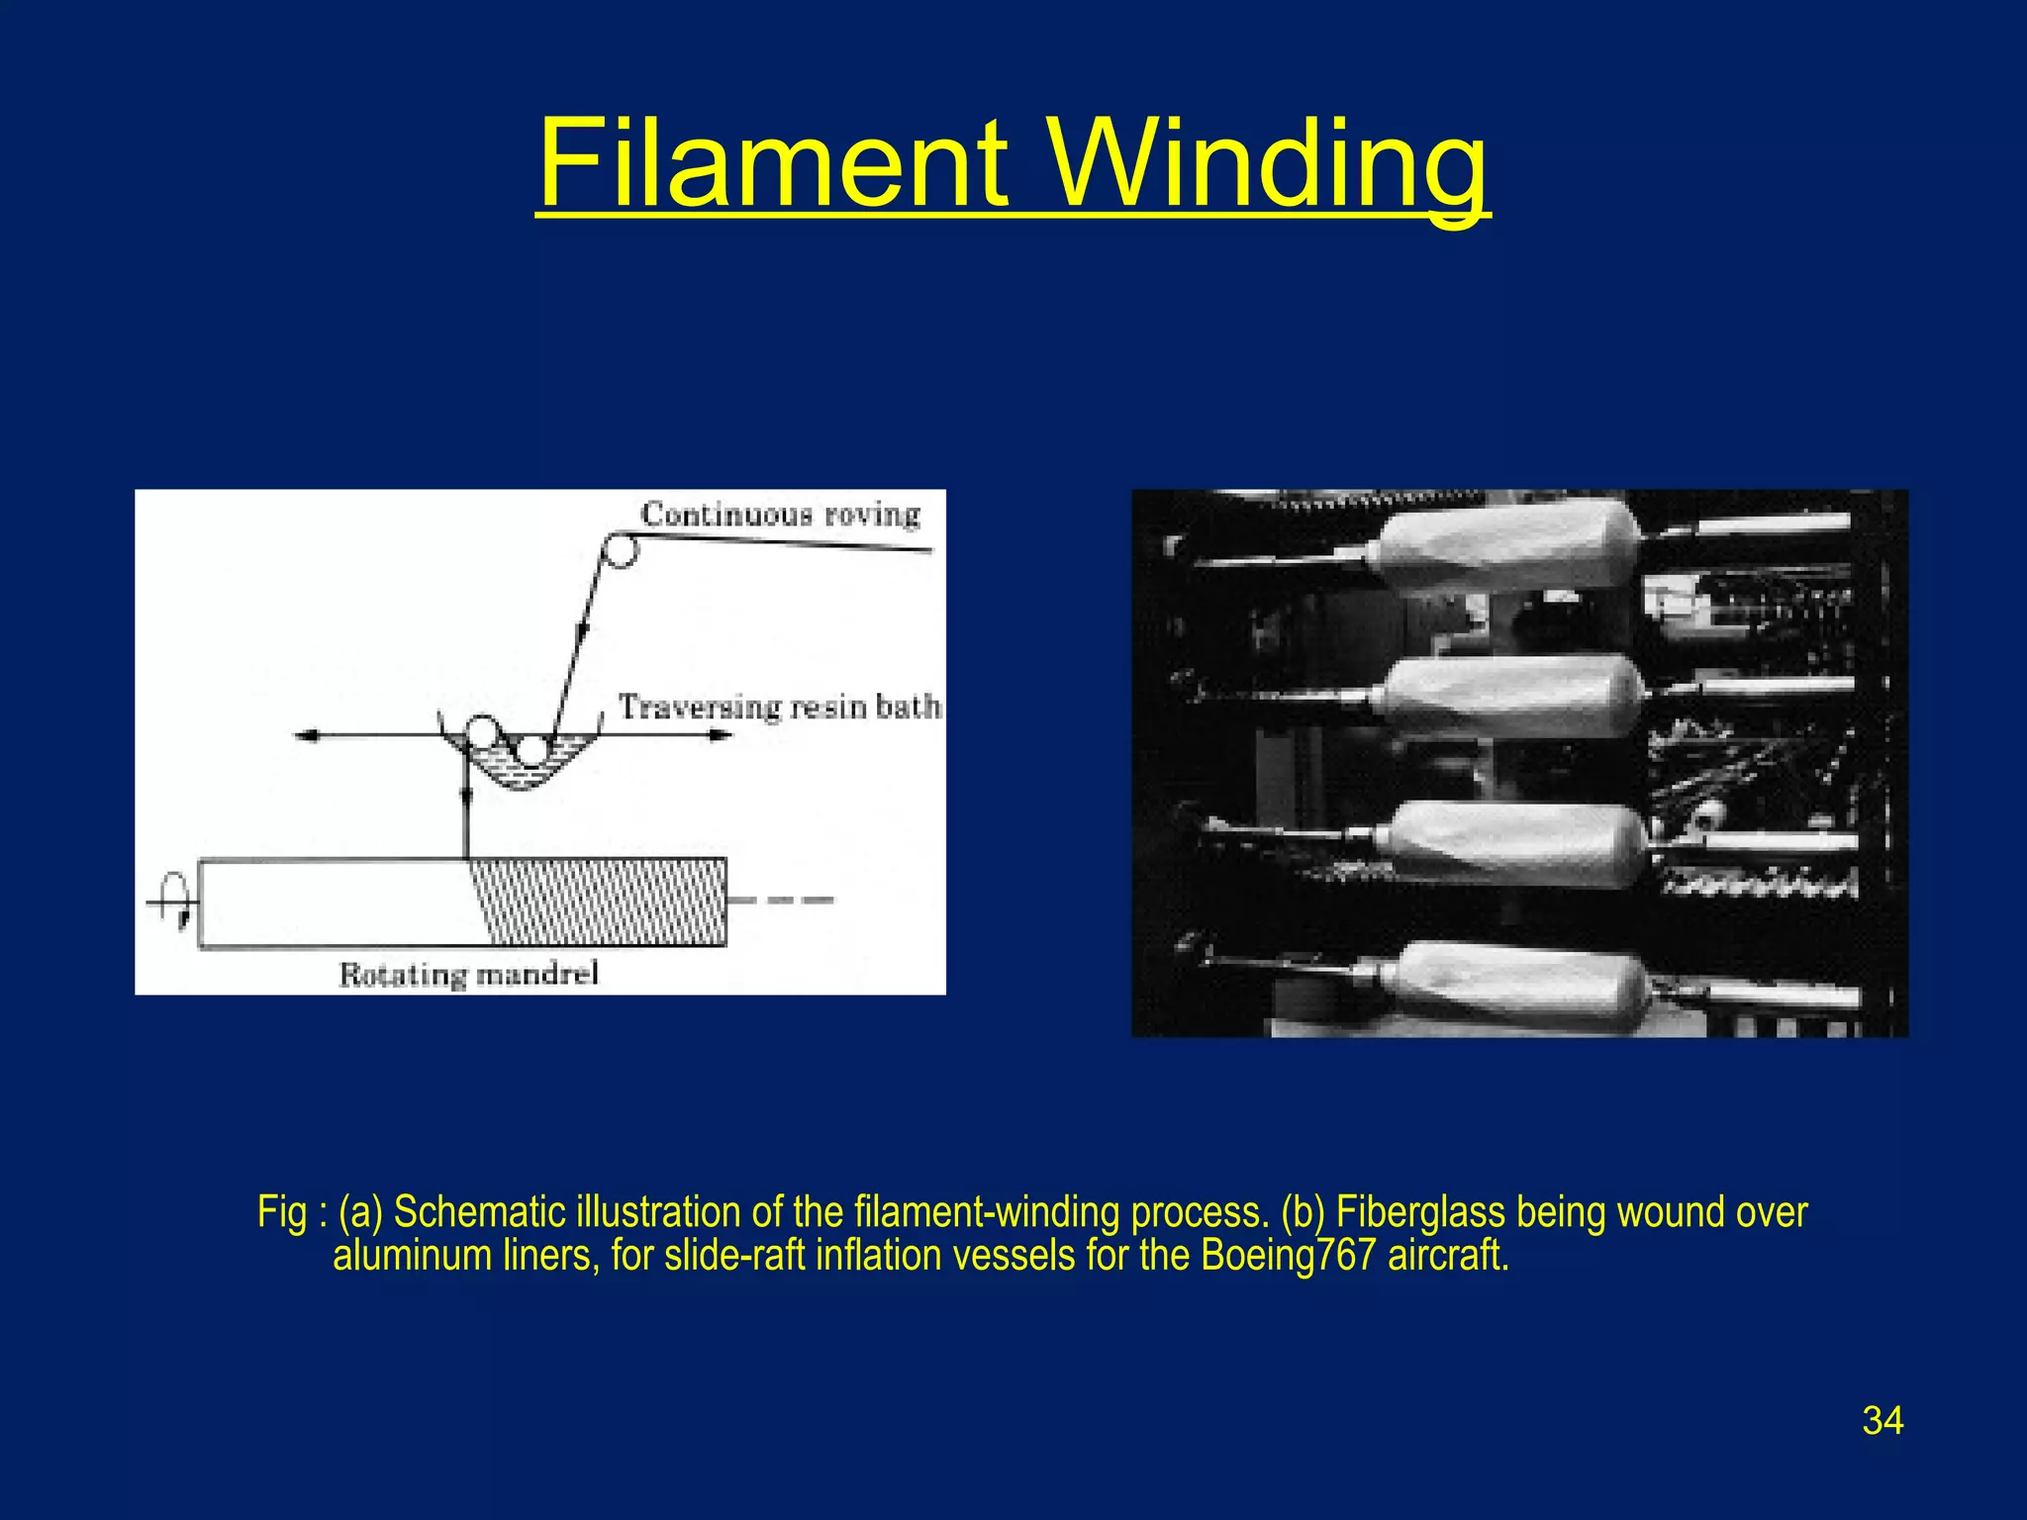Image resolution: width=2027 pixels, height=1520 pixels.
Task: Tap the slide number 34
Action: (x=1882, y=1421)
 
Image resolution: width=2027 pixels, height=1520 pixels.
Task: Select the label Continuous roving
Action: (x=780, y=515)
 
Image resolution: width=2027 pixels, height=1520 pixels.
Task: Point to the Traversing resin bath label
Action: (x=780, y=707)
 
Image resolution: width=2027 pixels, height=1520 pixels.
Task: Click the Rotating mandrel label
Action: (x=469, y=975)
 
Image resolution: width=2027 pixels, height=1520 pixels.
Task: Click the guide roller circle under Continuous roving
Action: (x=621, y=550)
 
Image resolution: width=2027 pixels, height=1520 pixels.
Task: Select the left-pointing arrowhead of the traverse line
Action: (x=307, y=735)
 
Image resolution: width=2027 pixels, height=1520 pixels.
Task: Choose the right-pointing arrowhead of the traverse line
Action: (x=722, y=735)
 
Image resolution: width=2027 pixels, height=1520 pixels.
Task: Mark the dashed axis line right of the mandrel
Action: (x=787, y=901)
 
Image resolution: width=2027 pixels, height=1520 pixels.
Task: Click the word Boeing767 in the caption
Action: (x=1288, y=1255)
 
